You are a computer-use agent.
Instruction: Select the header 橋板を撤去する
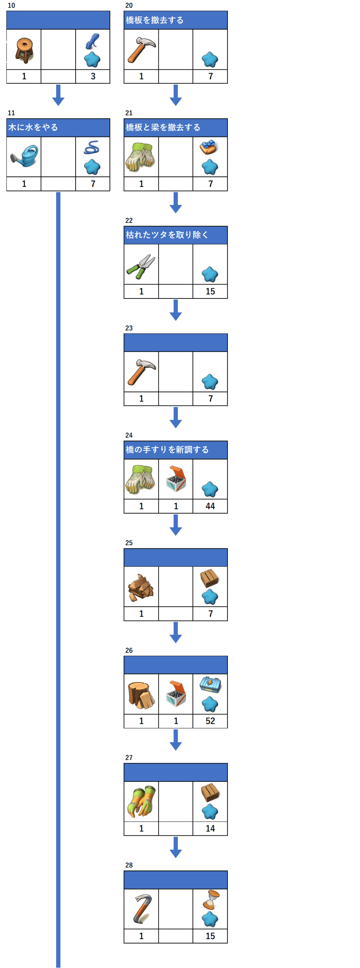pos(175,20)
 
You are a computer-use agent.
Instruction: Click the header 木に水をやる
pos(58,128)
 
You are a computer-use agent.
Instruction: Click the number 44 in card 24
pos(210,506)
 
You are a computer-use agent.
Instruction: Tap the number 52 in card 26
pos(210,721)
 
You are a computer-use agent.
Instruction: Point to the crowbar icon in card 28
pos(141,910)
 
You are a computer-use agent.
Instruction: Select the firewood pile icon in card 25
pos(141,587)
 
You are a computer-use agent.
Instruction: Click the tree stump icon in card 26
pos(141,694)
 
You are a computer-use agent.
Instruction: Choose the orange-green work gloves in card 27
pos(141,802)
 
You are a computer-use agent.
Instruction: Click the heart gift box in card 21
pos(209,147)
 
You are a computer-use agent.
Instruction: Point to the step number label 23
pos(129,328)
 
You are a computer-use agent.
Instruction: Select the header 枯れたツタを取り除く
pos(175,235)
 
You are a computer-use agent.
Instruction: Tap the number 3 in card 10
pos(93,76)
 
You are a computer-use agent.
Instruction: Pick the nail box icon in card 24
pos(176,479)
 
